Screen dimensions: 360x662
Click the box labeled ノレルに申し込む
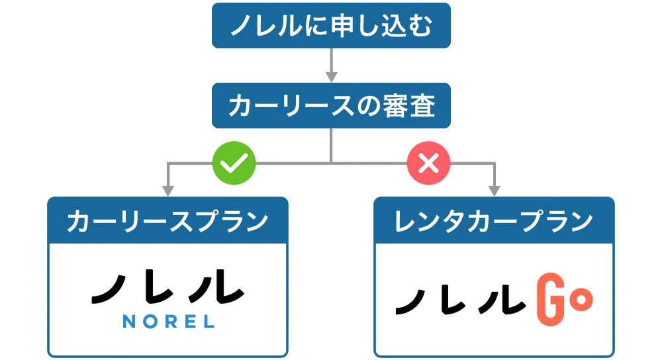pyautogui.click(x=331, y=26)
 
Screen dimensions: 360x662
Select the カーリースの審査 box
pyautogui.click(x=331, y=106)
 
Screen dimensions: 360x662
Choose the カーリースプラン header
pyautogui.click(x=167, y=221)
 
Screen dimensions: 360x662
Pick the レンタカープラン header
pyautogui.click(x=494, y=221)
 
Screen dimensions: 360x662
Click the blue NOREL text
pyautogui.click(x=168, y=322)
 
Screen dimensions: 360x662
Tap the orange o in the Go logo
pyautogui.click(x=581, y=300)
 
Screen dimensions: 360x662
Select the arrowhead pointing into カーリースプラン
pyautogui.click(x=167, y=191)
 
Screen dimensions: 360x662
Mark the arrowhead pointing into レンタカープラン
pyautogui.click(x=494, y=191)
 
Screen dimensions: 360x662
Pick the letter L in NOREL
pyautogui.click(x=209, y=322)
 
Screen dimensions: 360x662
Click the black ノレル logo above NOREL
pyautogui.click(x=167, y=287)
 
